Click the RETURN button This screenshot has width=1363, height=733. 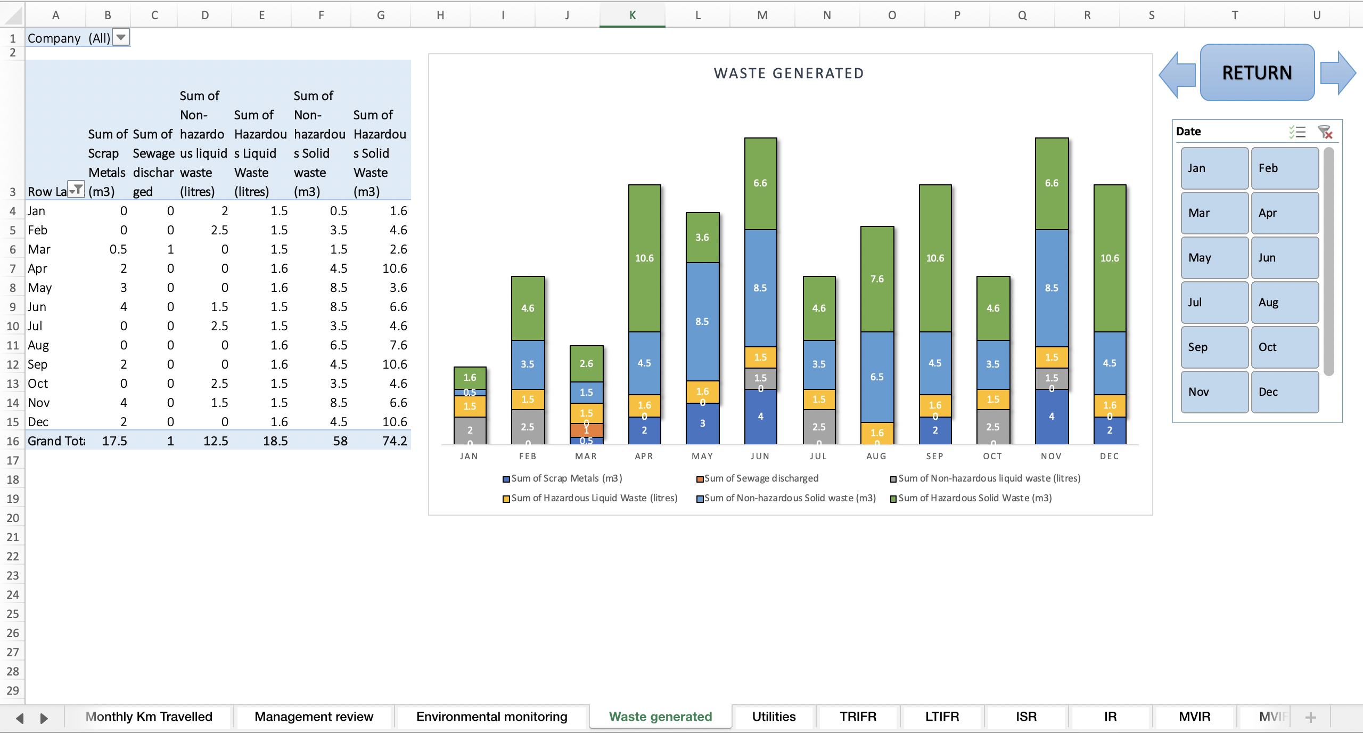point(1257,72)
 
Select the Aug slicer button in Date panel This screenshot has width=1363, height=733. point(1284,303)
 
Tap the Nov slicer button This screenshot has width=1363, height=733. point(1214,392)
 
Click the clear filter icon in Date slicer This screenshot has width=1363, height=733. point(1325,132)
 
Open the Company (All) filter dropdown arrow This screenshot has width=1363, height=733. point(121,37)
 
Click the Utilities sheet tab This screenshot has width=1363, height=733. point(774,716)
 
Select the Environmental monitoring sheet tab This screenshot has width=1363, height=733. point(491,716)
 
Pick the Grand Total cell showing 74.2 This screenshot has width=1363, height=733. point(394,441)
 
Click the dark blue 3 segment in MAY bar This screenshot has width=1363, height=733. point(702,423)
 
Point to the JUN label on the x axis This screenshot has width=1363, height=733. point(760,456)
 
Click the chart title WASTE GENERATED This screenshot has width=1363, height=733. point(789,74)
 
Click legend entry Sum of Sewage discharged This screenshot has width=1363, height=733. point(760,478)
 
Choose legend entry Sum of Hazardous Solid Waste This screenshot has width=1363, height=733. point(974,498)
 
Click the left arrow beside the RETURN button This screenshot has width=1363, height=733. point(1178,75)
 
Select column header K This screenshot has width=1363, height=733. point(632,15)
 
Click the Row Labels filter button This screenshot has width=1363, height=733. point(77,190)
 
